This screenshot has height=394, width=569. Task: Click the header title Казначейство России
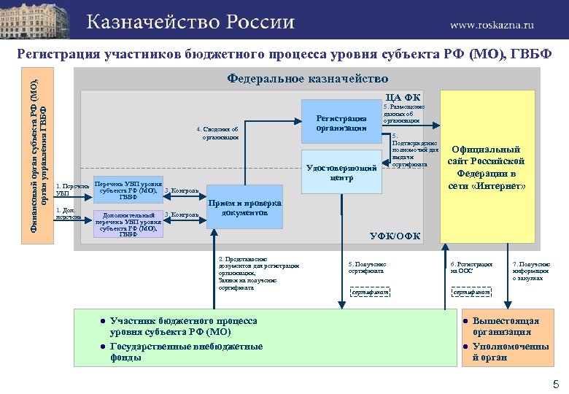pyautogui.click(x=190, y=22)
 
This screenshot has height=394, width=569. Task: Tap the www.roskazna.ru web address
pyautogui.click(x=491, y=24)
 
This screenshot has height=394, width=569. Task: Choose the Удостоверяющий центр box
pyautogui.click(x=341, y=172)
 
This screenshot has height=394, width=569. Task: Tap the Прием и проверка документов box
pyautogui.click(x=245, y=208)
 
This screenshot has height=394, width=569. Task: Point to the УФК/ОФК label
pyautogui.click(x=395, y=235)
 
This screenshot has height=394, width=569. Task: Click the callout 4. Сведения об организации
pyautogui.click(x=217, y=133)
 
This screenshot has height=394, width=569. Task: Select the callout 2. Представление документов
pyautogui.click(x=258, y=274)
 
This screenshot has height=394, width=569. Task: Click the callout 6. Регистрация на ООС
pyautogui.click(x=471, y=267)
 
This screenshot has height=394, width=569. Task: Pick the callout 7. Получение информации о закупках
pyautogui.click(x=531, y=271)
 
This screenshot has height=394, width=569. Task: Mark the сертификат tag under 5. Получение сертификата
pyautogui.click(x=369, y=293)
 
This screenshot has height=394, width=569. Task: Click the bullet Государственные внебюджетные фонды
pyautogui.click(x=186, y=352)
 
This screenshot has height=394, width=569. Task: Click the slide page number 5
pyautogui.click(x=555, y=384)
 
